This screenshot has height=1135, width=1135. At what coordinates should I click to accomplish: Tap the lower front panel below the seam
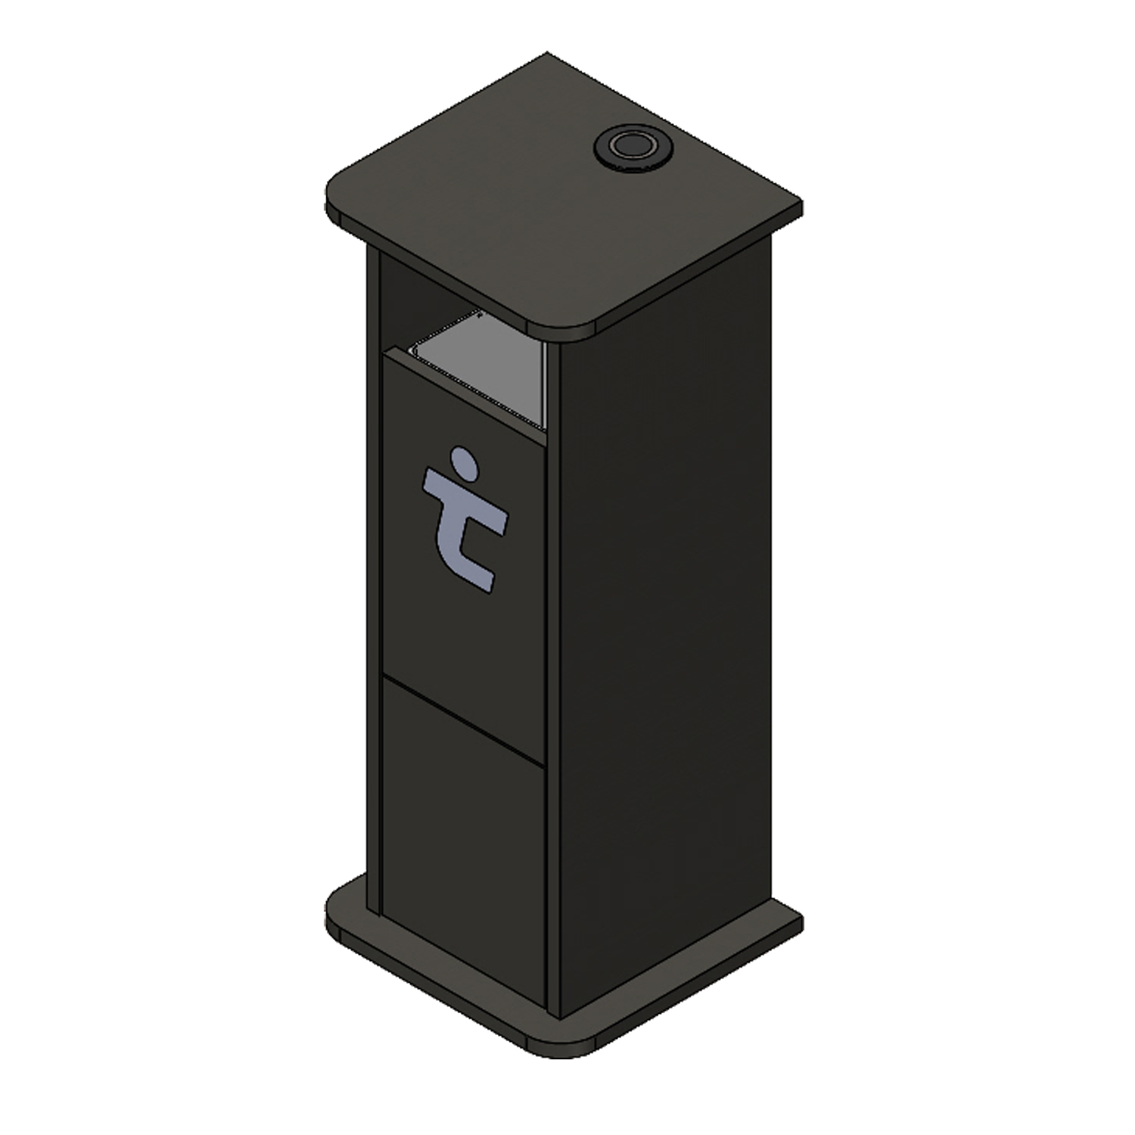click(462, 817)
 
